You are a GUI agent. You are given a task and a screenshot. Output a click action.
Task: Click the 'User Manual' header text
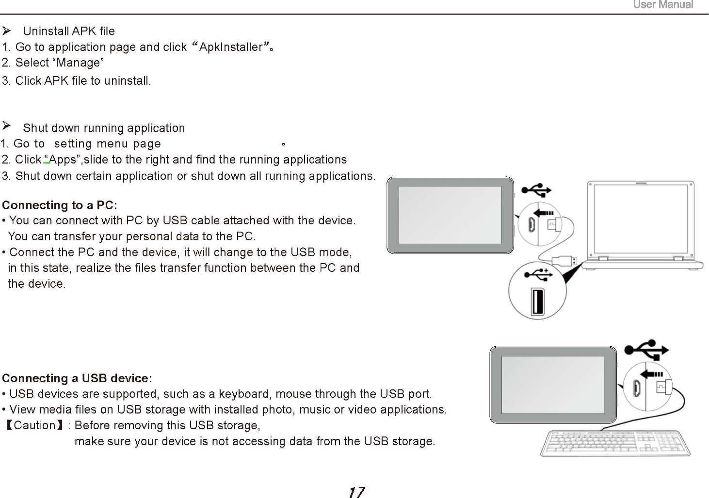pyautogui.click(x=663, y=5)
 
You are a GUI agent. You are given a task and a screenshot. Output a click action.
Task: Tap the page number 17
pyautogui.click(x=356, y=492)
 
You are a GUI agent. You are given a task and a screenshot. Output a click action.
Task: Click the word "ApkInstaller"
pyautogui.click(x=231, y=47)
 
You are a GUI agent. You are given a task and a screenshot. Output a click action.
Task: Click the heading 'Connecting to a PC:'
pyautogui.click(x=60, y=205)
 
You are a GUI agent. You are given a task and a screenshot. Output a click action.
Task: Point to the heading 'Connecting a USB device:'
pyautogui.click(x=77, y=378)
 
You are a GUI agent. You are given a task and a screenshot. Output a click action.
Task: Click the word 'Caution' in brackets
pyautogui.click(x=34, y=425)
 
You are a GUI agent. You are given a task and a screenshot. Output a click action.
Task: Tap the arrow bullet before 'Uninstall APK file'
pyautogui.click(x=7, y=31)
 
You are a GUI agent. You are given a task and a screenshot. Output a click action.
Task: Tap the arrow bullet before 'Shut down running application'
pyautogui.click(x=7, y=126)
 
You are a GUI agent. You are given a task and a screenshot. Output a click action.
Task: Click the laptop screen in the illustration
pyautogui.click(x=641, y=219)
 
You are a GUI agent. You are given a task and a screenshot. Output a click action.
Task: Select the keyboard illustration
pyautogui.click(x=615, y=443)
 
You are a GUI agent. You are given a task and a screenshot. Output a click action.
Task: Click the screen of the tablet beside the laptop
pyautogui.click(x=450, y=215)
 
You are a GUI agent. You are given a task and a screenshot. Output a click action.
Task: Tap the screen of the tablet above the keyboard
pyautogui.click(x=553, y=385)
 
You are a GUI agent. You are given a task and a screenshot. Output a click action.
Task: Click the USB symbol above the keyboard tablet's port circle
pyautogui.click(x=646, y=349)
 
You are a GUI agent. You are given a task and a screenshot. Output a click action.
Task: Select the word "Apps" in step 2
pyautogui.click(x=63, y=160)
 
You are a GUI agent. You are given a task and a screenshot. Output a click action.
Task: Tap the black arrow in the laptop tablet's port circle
pyautogui.click(x=544, y=213)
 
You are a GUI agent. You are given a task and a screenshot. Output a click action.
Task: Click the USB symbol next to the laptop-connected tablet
pyautogui.click(x=536, y=189)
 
